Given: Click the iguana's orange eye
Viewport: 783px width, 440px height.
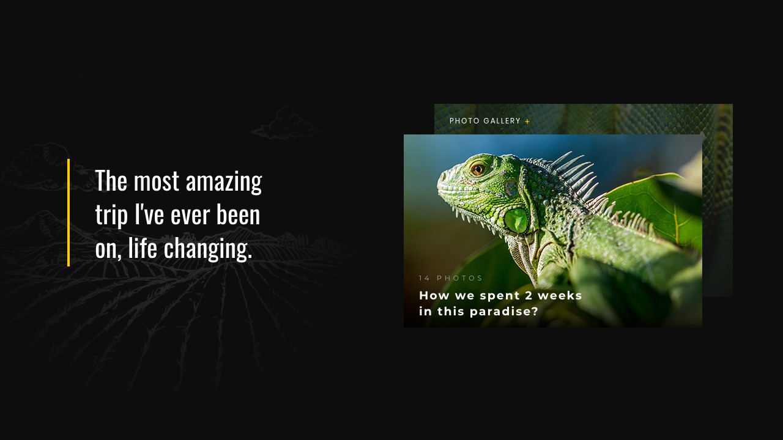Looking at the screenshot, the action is (x=478, y=169).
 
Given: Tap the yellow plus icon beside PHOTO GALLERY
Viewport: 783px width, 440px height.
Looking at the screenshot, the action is (x=527, y=122).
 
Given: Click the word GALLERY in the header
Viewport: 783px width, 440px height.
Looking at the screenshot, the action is (x=502, y=121).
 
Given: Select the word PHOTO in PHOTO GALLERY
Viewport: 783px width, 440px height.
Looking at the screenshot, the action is (x=464, y=121).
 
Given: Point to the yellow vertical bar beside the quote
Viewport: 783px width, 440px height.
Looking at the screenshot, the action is (x=69, y=213).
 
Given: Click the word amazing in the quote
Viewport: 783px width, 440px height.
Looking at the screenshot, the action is (x=224, y=182).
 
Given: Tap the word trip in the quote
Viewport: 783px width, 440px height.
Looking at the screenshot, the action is (x=111, y=215).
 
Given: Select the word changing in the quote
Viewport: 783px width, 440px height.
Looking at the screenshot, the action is (x=207, y=249).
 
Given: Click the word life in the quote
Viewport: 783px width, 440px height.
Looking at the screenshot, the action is (x=143, y=248).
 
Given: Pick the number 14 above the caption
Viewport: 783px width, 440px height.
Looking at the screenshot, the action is (x=425, y=278).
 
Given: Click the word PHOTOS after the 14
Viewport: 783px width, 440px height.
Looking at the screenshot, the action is (x=459, y=278).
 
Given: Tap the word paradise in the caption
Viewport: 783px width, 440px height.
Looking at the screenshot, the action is (x=504, y=312).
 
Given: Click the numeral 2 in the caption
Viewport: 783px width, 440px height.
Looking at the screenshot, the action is (x=529, y=295).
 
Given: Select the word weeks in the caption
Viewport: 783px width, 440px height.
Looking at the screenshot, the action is (x=560, y=295).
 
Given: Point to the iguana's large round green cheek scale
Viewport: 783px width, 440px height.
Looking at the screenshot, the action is (x=516, y=221).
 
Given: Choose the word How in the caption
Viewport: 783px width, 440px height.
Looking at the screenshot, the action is (x=434, y=295).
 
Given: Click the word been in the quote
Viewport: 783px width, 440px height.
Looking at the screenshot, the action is (x=239, y=215).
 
